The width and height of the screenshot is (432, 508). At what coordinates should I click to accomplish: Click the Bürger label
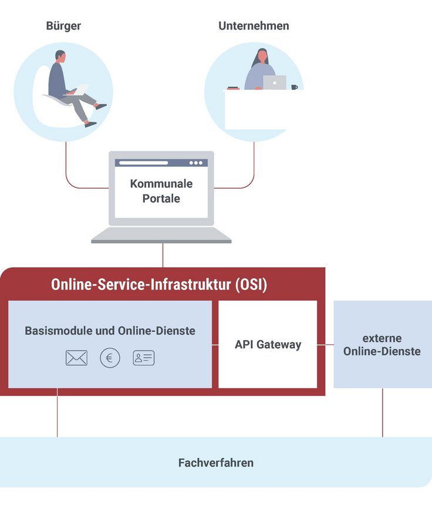click(63, 26)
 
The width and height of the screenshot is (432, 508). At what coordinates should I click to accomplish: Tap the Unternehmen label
click(254, 26)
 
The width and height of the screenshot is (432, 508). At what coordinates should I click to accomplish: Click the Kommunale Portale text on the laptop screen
click(161, 191)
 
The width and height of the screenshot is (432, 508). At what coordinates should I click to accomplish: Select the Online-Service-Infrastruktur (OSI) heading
click(159, 285)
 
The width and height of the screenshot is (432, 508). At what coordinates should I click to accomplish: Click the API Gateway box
click(268, 345)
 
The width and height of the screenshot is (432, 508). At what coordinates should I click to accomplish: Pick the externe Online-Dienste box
click(382, 345)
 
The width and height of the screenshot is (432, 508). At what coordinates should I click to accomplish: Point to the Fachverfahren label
click(216, 463)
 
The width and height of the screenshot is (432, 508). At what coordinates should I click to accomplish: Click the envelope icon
click(76, 358)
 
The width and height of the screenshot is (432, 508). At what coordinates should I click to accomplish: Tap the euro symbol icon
click(110, 358)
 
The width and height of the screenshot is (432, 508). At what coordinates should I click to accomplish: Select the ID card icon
click(144, 358)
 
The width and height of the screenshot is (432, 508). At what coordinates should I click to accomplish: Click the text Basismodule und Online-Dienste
click(110, 331)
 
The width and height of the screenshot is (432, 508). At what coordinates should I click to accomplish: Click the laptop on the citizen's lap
click(80, 90)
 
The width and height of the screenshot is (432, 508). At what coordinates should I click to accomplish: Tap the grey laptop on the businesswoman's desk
click(274, 82)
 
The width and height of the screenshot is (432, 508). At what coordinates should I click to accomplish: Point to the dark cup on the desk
click(294, 87)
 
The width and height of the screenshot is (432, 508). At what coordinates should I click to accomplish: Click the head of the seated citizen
click(60, 56)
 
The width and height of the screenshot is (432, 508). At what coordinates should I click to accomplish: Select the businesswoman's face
click(261, 58)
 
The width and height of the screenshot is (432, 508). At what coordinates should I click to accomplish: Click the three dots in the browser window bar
click(196, 163)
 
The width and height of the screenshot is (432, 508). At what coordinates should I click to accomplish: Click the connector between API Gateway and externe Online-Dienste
click(325, 345)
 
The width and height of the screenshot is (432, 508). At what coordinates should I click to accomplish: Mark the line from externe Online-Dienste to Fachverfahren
click(383, 412)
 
